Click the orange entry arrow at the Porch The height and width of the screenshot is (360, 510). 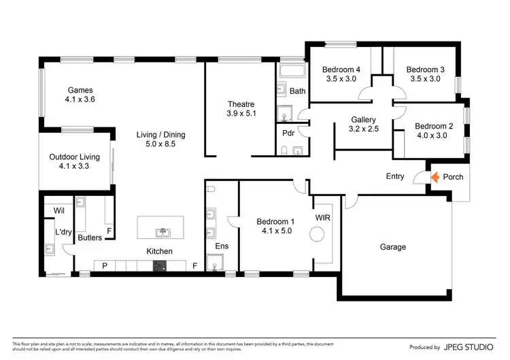click(436, 177)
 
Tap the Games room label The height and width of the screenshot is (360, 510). click(80, 90)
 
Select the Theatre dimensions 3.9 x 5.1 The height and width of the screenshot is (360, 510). click(241, 114)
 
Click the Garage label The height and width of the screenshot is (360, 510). click(393, 247)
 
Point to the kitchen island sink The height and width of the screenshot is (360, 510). click(162, 233)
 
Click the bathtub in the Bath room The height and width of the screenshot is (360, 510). click(292, 70)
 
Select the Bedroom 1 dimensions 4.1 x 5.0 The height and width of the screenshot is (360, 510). click(275, 231)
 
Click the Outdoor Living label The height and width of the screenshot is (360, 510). click(75, 157)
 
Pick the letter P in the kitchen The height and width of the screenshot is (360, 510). click(105, 265)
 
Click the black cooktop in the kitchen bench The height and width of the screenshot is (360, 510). click(159, 266)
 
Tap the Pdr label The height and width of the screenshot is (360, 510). click(288, 133)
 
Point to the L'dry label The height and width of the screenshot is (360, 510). click(63, 232)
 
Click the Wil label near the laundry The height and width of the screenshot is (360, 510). click(59, 211)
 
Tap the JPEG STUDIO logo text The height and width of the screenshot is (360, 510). click(469, 347)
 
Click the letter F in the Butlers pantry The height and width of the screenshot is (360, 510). click(109, 232)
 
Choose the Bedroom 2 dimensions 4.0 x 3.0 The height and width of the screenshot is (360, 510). click(434, 135)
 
